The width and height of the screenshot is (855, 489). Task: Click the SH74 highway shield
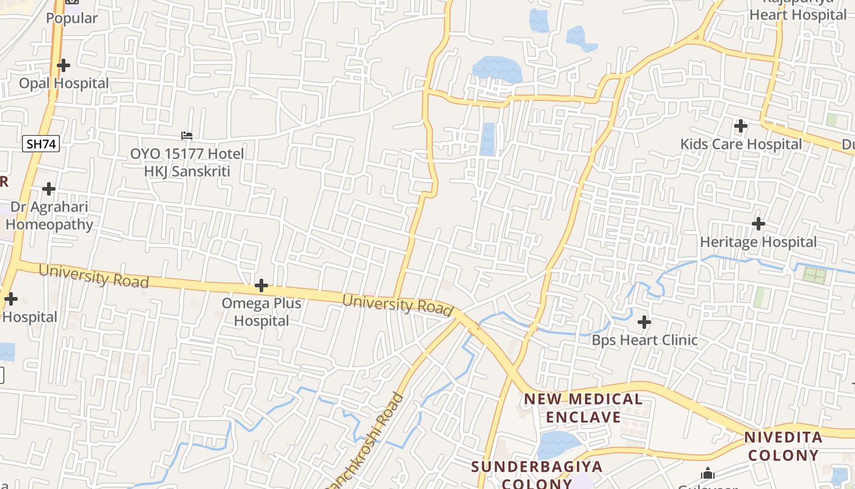41,144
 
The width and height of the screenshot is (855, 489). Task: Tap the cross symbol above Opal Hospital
64,65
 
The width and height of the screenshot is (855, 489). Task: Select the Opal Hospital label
64,83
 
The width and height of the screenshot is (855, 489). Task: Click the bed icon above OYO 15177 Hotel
187,135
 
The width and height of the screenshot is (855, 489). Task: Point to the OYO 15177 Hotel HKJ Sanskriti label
187,163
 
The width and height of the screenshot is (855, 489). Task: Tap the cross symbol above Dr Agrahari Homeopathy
49,189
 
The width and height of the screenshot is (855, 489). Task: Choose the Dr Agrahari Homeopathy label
49,216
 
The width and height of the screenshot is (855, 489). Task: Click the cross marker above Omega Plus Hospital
261,285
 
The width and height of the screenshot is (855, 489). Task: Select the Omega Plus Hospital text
261,312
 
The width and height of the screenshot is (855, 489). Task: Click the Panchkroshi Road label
367,440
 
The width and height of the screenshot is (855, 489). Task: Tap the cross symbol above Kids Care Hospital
741,126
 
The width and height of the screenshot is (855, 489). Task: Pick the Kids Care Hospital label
741,144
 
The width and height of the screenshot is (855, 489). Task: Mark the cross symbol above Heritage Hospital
759,224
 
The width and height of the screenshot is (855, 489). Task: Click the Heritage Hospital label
758,242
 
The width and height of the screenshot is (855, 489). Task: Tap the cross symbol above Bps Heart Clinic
644,322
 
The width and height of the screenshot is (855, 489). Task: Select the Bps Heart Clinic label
644,340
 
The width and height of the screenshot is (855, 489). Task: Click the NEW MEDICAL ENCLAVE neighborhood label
583,408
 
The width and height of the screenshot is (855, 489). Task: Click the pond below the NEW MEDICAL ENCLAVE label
557,444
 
